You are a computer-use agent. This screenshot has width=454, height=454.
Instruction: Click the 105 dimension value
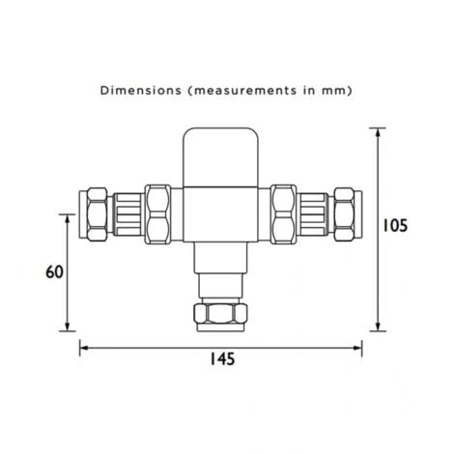[x=394, y=226]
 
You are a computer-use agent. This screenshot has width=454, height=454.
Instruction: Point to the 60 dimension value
[x=55, y=271]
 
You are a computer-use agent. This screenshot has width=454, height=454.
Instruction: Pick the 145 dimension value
[x=220, y=358]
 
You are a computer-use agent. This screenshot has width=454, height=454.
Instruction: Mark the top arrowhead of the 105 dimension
[x=377, y=130]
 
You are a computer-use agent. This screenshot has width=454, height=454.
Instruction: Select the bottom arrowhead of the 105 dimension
[x=377, y=325]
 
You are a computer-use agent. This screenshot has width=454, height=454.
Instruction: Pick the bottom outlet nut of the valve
[x=220, y=315]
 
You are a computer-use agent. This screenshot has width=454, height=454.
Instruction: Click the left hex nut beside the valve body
[x=157, y=213]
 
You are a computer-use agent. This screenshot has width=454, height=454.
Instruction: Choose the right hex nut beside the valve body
[x=284, y=213]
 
